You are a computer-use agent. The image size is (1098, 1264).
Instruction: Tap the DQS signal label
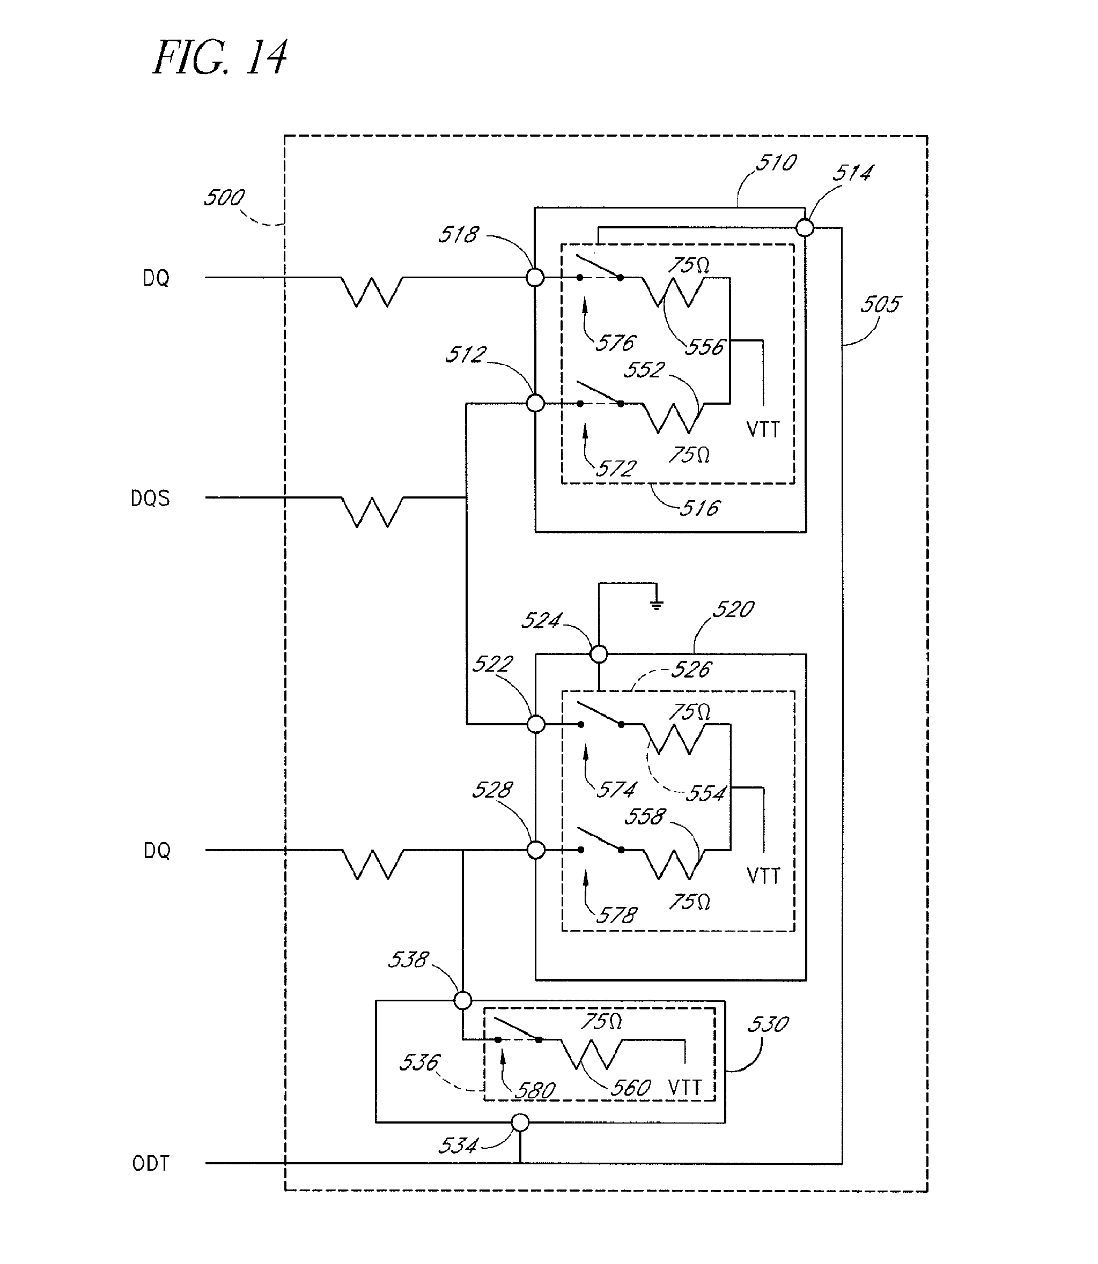point(150,499)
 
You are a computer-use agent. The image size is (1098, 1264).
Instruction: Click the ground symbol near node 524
point(656,605)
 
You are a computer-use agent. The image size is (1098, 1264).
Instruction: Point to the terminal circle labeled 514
point(805,228)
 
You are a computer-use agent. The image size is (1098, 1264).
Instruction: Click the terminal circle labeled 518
point(535,278)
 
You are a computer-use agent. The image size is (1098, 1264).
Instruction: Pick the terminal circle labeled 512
point(535,403)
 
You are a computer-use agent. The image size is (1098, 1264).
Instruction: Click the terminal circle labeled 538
point(462,1001)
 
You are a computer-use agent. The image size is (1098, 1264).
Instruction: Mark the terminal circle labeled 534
point(520,1122)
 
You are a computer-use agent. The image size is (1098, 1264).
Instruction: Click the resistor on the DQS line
point(372,511)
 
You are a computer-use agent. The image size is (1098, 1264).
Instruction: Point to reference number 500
point(224,198)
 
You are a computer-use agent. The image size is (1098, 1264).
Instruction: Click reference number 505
point(880,304)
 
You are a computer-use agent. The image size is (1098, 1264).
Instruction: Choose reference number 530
point(768,1024)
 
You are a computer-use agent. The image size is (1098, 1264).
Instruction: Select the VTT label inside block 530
point(684,1088)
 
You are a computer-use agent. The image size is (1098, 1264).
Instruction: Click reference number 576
point(616,343)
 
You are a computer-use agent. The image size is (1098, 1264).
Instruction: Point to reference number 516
point(699,508)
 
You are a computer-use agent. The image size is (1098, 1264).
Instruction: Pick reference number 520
point(733,609)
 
